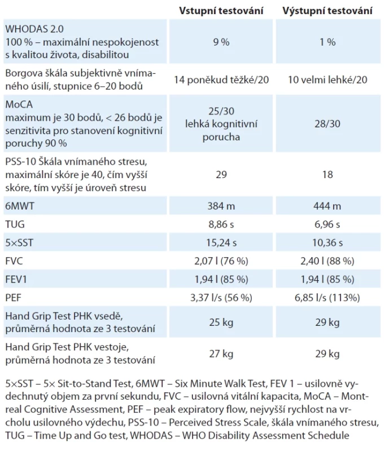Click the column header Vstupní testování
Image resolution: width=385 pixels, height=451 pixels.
pos(221,11)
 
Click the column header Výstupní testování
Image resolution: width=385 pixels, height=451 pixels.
pos(327,11)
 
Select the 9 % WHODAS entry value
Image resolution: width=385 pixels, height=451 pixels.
pos(221,42)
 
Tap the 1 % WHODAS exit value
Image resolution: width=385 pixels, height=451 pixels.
pos(327,42)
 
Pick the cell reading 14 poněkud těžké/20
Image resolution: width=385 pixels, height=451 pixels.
pos(221,79)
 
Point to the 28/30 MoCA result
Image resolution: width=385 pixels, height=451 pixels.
pos(327,123)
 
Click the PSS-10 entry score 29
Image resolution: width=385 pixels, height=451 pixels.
pos(221,175)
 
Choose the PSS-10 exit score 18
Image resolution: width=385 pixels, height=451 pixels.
pos(327,175)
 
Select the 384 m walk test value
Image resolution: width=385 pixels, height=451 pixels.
pos(221,206)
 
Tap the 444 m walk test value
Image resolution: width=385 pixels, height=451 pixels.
pos(327,206)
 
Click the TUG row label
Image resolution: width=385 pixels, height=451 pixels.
pos(15,224)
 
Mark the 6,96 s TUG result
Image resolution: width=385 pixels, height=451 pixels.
pos(327,224)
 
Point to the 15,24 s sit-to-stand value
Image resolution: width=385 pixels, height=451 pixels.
pos(221,243)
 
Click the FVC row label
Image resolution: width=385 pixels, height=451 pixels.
pos(14,261)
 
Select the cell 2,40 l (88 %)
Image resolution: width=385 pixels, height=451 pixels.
pos(327,261)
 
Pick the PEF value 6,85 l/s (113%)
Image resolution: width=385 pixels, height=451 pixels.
pos(327,298)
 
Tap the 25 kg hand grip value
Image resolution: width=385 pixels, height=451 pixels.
pos(221,322)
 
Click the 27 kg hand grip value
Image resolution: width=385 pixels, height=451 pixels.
pos(221,354)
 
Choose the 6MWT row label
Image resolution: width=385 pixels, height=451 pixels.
pos(20,206)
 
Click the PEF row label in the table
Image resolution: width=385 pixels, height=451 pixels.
pos(14,298)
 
